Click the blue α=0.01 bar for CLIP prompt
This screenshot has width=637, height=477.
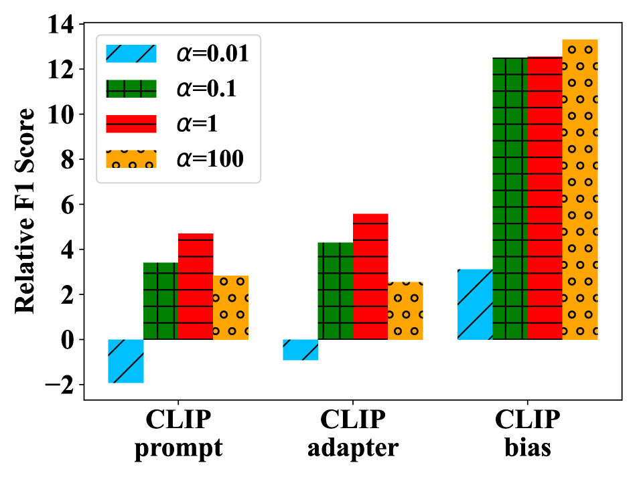(126, 361)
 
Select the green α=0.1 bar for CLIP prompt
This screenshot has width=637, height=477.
(161, 301)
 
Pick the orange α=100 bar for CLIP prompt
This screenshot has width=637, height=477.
(230, 308)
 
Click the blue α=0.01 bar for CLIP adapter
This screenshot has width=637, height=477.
(301, 349)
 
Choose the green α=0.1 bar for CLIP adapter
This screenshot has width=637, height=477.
(336, 291)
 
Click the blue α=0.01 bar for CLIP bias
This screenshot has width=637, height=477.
(475, 304)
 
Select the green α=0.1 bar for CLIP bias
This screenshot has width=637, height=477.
(510, 198)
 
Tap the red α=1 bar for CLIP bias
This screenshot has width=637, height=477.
(545, 198)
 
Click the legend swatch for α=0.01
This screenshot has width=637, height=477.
(131, 54)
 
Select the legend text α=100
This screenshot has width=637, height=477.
(210, 159)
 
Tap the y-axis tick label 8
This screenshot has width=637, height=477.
(67, 160)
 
